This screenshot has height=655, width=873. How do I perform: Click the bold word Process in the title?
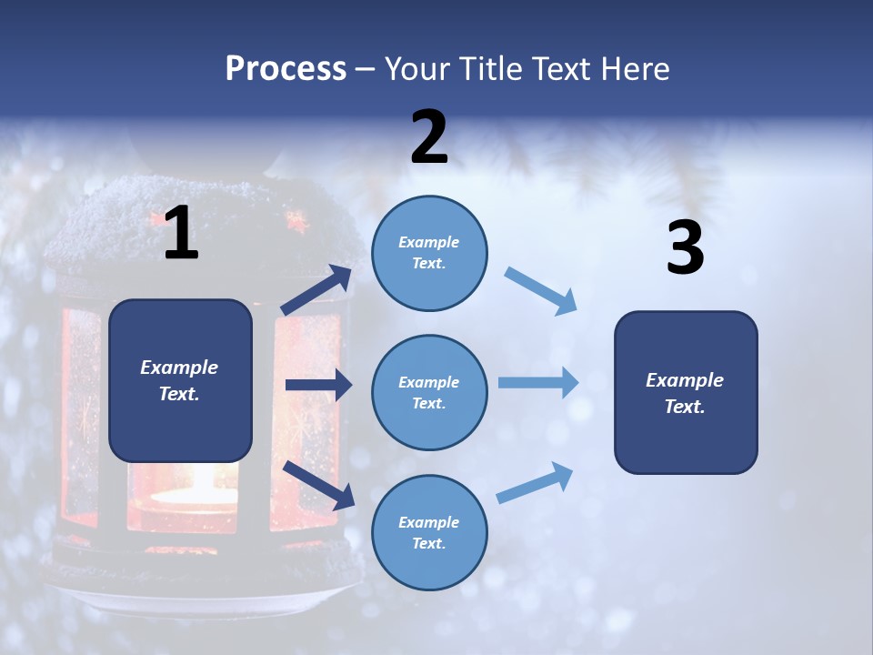click(x=286, y=69)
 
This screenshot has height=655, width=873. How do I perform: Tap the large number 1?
click(x=181, y=234)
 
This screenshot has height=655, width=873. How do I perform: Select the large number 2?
click(x=429, y=137)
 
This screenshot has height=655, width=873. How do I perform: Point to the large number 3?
click(x=685, y=248)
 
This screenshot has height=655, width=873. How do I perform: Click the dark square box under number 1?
click(x=180, y=380)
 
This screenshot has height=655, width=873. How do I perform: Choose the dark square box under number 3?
click(x=686, y=392)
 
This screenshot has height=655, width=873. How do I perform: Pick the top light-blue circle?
click(x=429, y=252)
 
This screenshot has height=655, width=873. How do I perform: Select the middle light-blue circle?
click(x=429, y=392)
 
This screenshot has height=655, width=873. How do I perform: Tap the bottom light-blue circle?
click(x=429, y=532)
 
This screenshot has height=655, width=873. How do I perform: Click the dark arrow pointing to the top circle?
click(x=316, y=291)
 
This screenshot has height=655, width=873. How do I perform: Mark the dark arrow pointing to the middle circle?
click(x=318, y=385)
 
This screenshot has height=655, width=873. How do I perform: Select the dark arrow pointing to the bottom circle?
click(x=318, y=485)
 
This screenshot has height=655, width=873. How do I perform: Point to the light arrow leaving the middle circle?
click(x=538, y=382)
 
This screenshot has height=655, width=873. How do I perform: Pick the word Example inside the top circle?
click(x=429, y=242)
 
